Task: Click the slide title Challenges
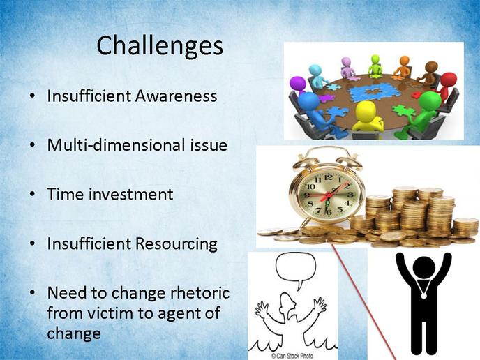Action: (x=160, y=46)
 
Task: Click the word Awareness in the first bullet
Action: (x=177, y=96)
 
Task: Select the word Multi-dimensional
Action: (x=116, y=144)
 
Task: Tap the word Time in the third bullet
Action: (x=65, y=194)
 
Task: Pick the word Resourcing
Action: (x=177, y=244)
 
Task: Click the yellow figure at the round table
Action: (x=367, y=118)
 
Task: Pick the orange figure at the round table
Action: (x=403, y=66)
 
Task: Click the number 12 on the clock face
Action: (x=329, y=177)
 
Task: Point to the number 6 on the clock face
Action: (x=329, y=212)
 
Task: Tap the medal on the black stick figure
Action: (x=423, y=296)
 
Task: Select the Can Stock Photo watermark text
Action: (x=292, y=356)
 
